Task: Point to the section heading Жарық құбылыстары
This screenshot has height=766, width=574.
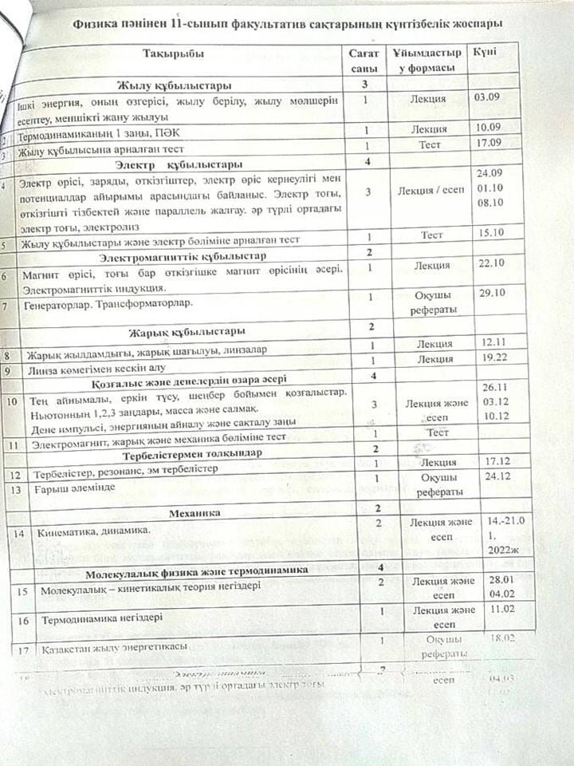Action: [187, 330]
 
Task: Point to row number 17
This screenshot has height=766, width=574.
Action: [22, 650]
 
